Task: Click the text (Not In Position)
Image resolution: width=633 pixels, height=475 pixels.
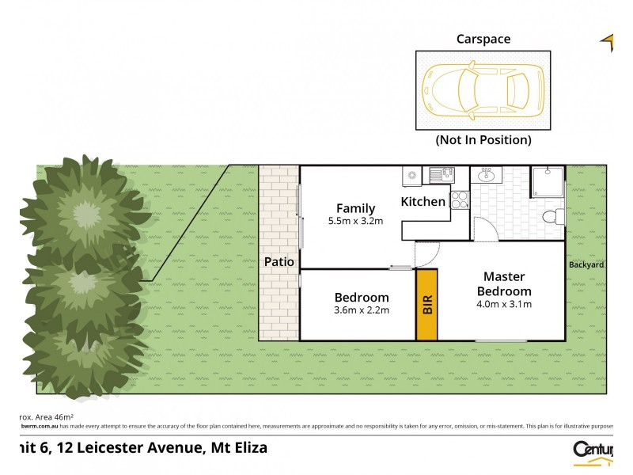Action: pos(483,140)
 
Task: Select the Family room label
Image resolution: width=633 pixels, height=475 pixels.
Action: pos(355,209)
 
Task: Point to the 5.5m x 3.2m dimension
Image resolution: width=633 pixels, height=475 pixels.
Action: pos(355,222)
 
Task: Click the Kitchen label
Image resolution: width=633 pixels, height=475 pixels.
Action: pos(423,202)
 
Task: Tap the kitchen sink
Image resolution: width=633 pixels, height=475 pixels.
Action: pos(439,175)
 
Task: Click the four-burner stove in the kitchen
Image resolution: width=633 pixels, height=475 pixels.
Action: pos(459,200)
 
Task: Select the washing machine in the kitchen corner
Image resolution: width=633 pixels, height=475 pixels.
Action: pos(411,175)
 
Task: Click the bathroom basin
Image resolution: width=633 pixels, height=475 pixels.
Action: pos(486,176)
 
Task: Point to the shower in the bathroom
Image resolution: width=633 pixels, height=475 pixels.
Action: pos(548,182)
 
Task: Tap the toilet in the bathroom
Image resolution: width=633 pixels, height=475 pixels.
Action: pos(555,216)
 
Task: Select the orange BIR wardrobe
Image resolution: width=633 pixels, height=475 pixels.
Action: pos(427,305)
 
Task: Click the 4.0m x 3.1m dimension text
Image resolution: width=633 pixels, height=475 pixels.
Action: pos(503,304)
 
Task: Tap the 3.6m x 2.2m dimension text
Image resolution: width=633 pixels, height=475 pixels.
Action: pos(362,310)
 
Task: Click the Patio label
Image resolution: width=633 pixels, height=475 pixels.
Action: pos(279,261)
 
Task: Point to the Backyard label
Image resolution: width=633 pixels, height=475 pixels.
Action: pos(586,264)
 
